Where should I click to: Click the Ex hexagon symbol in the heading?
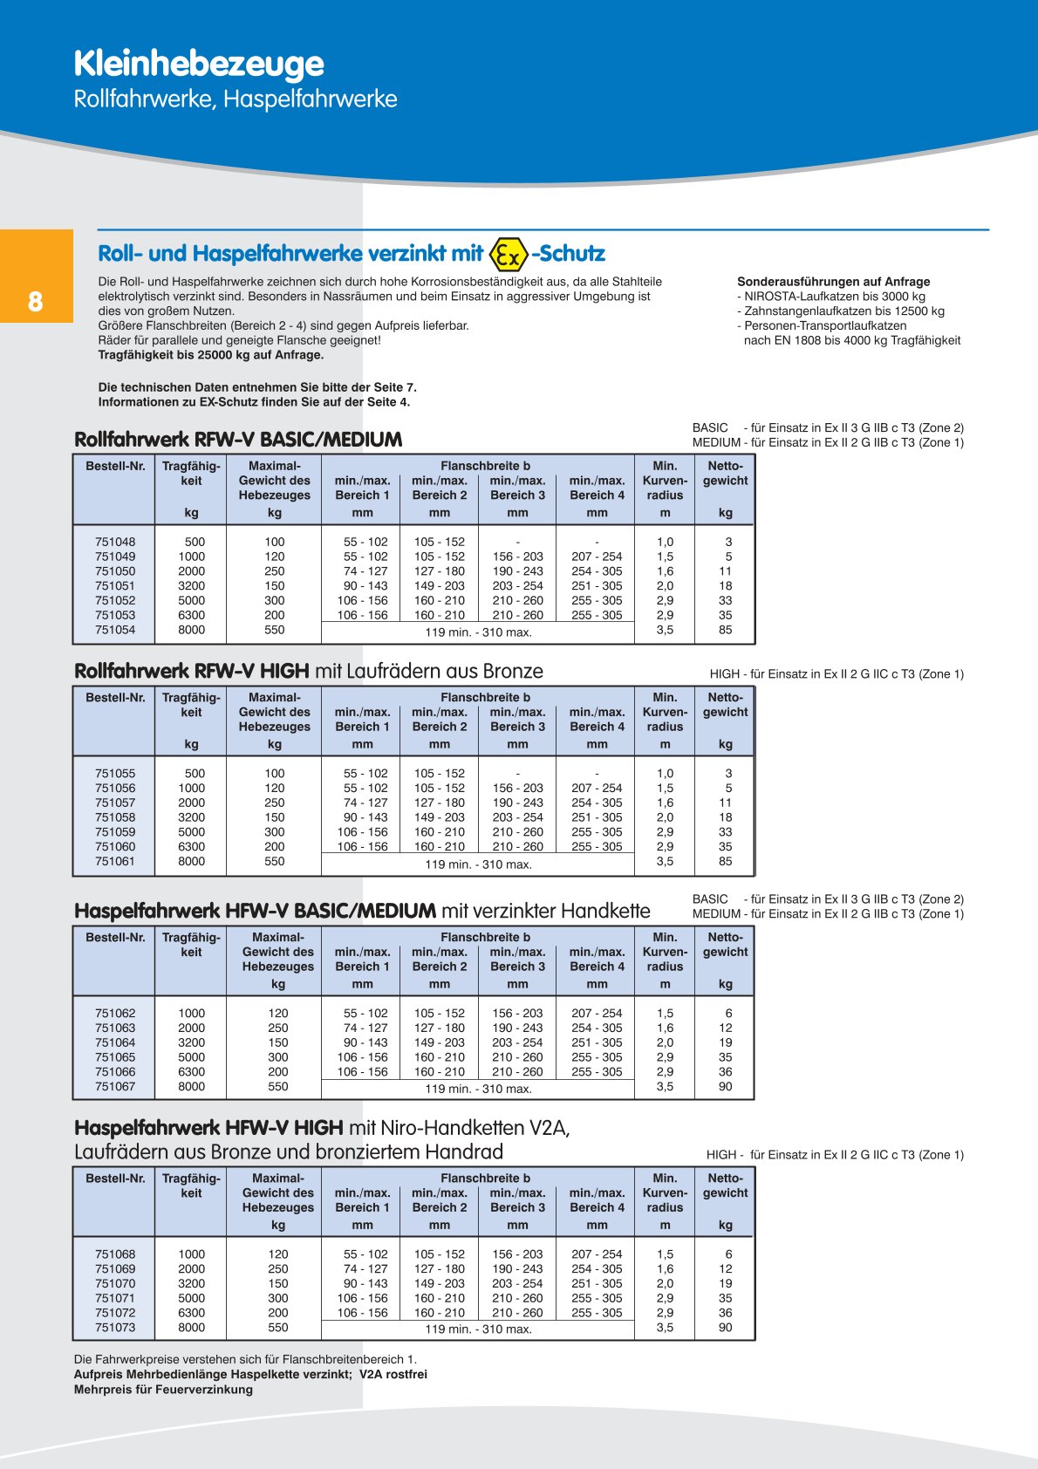(509, 254)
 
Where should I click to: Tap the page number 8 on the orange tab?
(35, 302)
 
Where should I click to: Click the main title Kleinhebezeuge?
(199, 64)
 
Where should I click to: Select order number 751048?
(115, 542)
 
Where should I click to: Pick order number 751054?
(115, 630)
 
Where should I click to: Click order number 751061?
(115, 861)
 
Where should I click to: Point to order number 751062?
(115, 1014)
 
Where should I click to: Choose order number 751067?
(115, 1087)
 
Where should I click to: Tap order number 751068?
(115, 1254)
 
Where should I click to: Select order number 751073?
(115, 1328)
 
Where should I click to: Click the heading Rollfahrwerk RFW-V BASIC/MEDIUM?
(238, 440)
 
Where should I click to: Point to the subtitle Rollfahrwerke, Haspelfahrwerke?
(236, 99)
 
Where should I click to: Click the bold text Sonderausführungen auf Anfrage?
(833, 282)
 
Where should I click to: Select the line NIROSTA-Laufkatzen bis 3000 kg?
(834, 297)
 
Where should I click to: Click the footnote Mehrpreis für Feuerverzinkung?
(163, 1389)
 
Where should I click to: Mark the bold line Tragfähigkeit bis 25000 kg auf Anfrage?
(211, 355)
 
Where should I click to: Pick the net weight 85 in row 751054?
(726, 630)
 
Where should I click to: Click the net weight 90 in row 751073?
(726, 1328)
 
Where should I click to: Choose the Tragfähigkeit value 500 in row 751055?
(195, 774)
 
